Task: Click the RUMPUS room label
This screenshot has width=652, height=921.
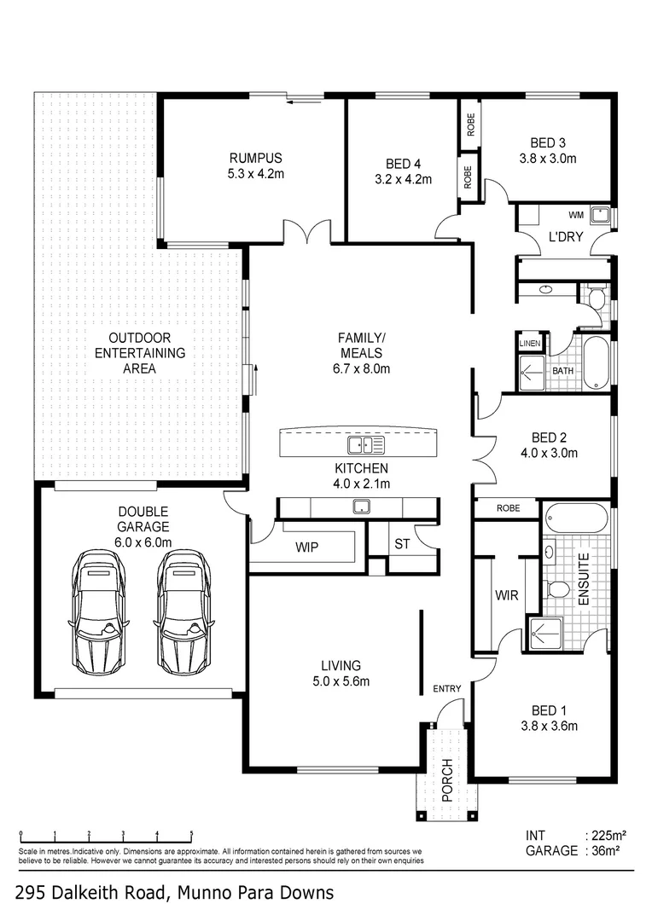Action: [255, 158]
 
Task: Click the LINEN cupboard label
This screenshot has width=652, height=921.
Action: [530, 343]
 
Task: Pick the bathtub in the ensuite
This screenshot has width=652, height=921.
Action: [576, 518]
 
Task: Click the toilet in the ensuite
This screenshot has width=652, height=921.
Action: [558, 589]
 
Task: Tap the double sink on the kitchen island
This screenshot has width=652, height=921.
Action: [366, 444]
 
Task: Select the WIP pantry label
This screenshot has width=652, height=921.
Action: [306, 547]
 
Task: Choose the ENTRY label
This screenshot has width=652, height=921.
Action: [446, 688]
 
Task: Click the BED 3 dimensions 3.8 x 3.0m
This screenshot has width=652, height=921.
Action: [548, 159]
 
